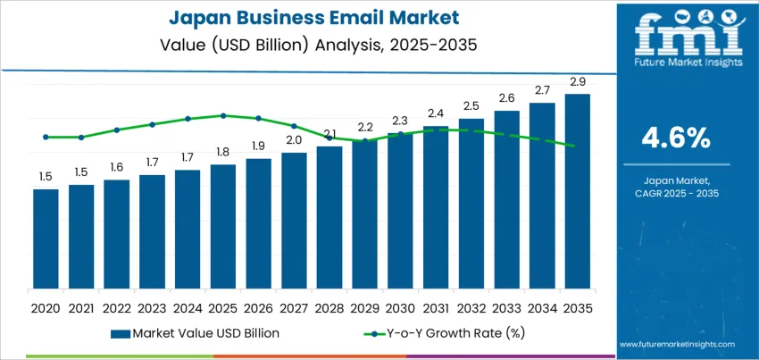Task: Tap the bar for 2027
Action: pyautogui.click(x=294, y=223)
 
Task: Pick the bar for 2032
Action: pyautogui.click(x=471, y=206)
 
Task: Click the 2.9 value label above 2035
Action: pyautogui.click(x=577, y=82)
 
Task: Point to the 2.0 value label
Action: pyautogui.click(x=294, y=140)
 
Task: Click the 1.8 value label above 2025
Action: pyautogui.click(x=223, y=152)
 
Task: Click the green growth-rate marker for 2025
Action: pyautogui.click(x=223, y=115)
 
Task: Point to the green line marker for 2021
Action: pyautogui.click(x=81, y=138)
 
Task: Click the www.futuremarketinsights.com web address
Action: pyautogui.click(x=675, y=344)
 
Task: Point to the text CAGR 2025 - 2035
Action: pyautogui.click(x=676, y=193)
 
